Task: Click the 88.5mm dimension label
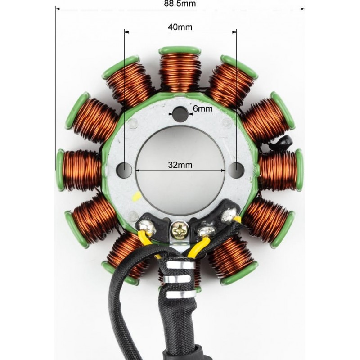point(180,4)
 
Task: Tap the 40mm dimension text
point(180,27)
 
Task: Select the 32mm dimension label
point(180,165)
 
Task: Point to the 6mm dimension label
point(202,108)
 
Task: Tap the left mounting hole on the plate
point(124,170)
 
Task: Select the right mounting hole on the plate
point(237,170)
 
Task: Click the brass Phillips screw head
point(180,229)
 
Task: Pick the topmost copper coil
point(180,71)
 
